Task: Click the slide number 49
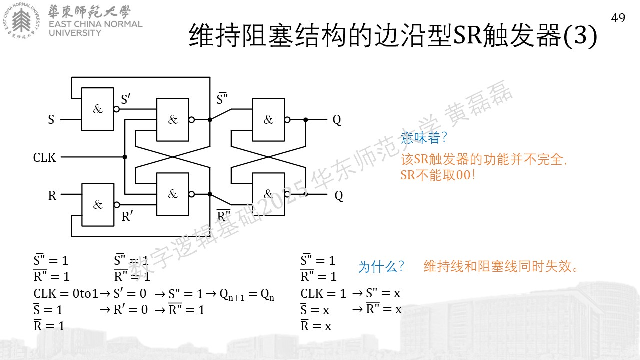(x=618, y=18)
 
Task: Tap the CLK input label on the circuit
(x=44, y=157)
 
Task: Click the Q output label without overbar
(x=337, y=120)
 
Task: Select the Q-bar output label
(x=339, y=195)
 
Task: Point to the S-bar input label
(x=51, y=119)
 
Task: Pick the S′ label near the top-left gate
(x=125, y=99)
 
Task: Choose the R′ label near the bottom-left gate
(x=127, y=216)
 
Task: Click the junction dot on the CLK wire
(x=125, y=157)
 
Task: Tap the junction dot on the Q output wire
(x=305, y=120)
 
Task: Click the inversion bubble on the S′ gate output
(x=116, y=109)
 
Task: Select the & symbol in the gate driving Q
(x=268, y=119)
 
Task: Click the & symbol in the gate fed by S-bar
(x=98, y=109)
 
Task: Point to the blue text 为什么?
(x=381, y=267)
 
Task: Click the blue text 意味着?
(x=424, y=138)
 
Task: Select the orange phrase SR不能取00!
(x=438, y=175)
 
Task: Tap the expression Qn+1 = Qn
(x=247, y=295)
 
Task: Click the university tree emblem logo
(x=21, y=20)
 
